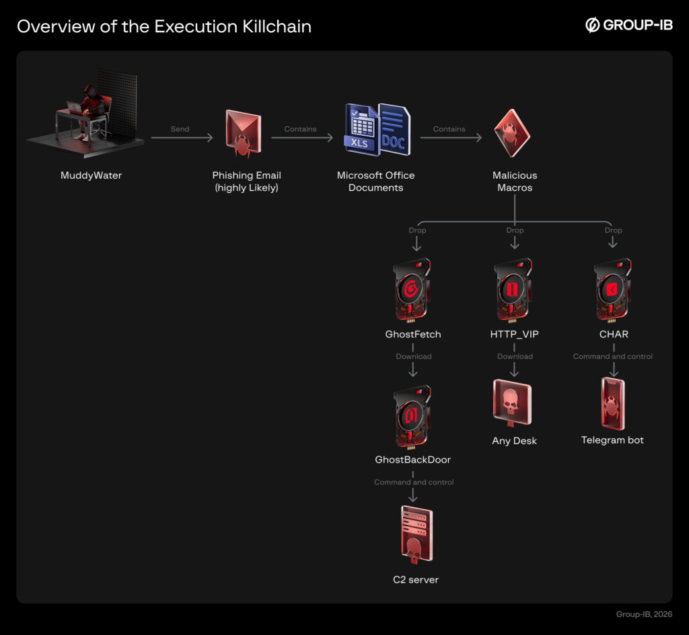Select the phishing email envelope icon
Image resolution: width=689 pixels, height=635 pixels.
243,134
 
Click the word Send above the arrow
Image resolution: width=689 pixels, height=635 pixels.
180,129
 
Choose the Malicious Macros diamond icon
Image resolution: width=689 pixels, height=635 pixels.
512,132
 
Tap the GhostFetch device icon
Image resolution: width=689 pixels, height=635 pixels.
411,290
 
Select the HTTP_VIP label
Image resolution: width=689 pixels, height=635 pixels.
514,334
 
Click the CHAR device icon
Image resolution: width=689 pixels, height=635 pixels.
612,290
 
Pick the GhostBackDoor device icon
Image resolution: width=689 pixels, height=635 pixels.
411,416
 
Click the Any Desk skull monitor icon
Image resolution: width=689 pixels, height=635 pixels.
513,402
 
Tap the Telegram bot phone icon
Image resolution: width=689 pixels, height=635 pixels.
612,403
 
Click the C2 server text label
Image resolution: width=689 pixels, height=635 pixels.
415,579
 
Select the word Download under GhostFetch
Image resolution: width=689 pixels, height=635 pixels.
413,356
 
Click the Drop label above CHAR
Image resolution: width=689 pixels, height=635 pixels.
613,230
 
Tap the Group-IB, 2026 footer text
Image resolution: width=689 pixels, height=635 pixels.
643,614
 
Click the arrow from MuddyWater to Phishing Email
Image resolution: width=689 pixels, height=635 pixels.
182,138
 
